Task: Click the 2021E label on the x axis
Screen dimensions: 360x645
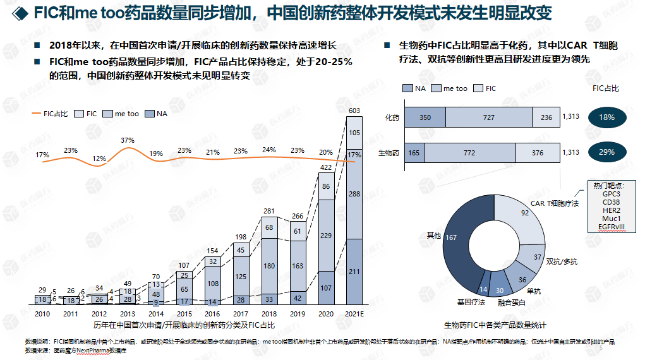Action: [355, 313]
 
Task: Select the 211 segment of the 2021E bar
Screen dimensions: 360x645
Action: [354, 272]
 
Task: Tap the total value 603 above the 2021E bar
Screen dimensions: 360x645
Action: [354, 111]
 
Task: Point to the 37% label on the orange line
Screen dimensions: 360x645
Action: [128, 140]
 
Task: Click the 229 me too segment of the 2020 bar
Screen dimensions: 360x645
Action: [326, 236]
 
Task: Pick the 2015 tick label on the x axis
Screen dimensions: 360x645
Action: [184, 313]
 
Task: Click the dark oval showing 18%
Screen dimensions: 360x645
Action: [606, 117]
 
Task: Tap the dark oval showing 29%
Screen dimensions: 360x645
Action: [606, 152]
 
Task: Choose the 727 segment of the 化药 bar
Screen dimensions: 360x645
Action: [488, 117]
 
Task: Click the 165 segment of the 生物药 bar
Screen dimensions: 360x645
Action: [414, 152]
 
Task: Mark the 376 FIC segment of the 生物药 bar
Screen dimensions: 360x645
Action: [538, 152]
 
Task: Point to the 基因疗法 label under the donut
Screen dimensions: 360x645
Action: [471, 303]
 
